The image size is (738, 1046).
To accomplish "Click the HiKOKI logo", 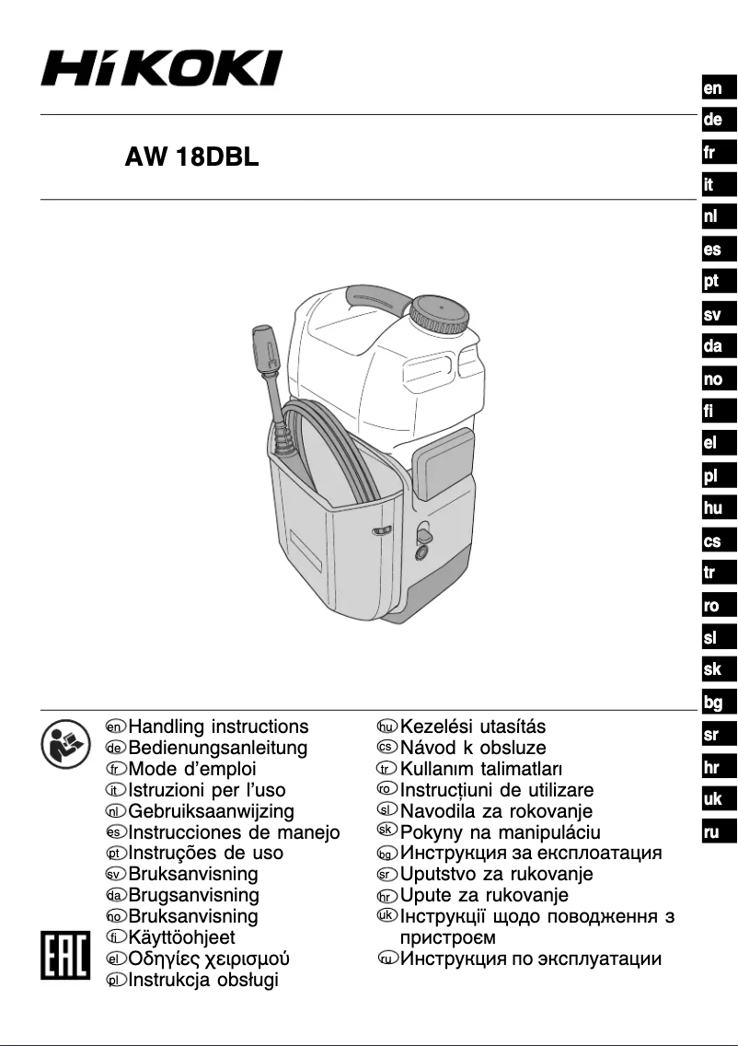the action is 160,68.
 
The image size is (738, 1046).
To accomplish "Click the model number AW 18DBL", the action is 192,157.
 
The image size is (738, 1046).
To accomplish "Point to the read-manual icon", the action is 61,743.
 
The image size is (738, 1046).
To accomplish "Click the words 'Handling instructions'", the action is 218,727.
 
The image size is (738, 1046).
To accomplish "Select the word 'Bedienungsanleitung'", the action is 218,749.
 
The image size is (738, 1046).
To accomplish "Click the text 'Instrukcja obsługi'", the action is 202,980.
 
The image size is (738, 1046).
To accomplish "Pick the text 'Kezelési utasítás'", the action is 473,727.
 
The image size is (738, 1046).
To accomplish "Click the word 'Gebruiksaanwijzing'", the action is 211,811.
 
